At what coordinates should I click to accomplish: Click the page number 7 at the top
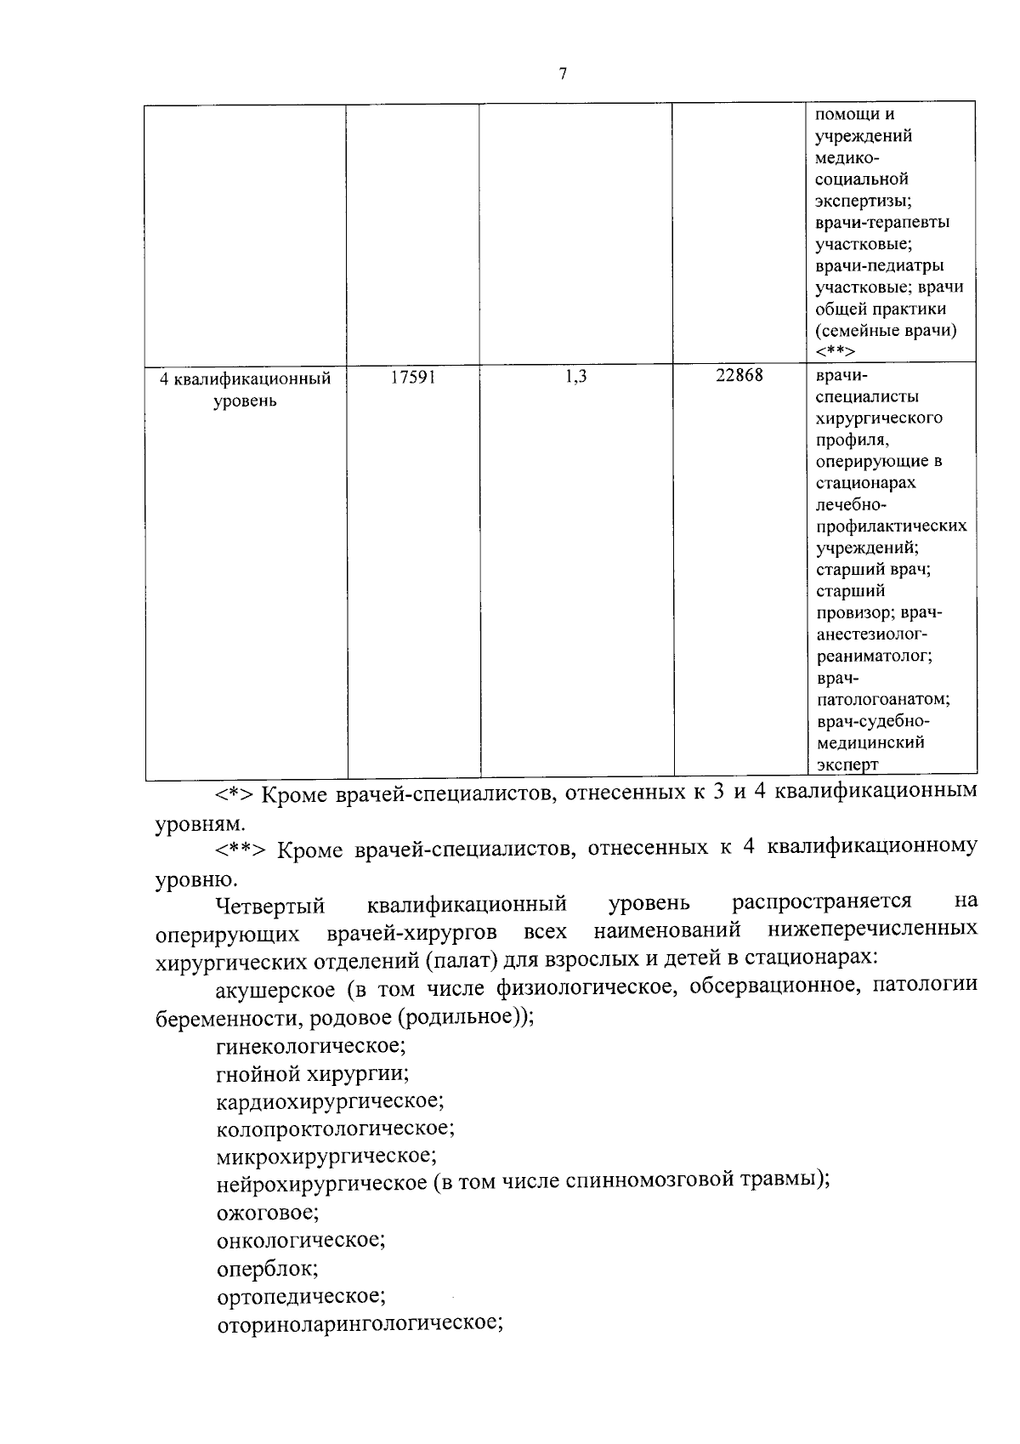point(563,74)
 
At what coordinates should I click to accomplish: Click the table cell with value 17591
point(413,377)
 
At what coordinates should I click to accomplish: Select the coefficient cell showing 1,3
point(575,377)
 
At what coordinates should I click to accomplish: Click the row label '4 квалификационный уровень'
point(245,389)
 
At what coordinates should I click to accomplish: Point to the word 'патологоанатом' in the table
point(882,699)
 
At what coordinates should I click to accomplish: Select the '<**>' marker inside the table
point(836,351)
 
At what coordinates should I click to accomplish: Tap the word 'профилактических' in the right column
point(891,526)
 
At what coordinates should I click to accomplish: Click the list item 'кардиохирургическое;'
point(330,1100)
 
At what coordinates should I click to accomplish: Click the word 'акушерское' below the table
point(273,988)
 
